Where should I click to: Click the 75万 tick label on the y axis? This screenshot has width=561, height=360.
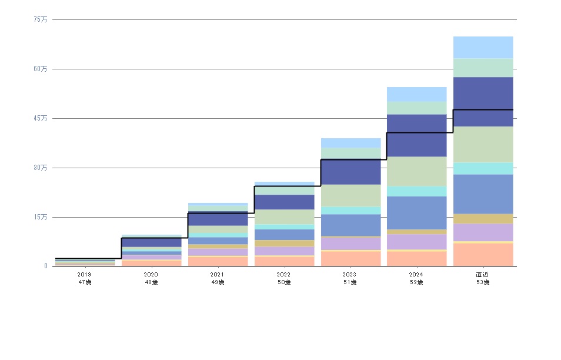[41, 19]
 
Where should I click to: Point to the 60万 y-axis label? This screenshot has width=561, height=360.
[41, 69]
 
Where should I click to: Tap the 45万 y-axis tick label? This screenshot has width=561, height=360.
[41, 118]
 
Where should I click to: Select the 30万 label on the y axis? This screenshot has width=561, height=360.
[41, 168]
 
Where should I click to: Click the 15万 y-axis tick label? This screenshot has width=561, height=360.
[41, 217]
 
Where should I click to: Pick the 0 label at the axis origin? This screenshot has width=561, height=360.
[45, 266]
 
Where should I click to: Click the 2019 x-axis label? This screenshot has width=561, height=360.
[84, 275]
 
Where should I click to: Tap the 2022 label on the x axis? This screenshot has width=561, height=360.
[283, 275]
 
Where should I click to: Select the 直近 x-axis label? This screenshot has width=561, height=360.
[483, 275]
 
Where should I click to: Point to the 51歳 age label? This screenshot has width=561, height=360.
[350, 282]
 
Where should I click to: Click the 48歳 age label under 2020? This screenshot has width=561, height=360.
[151, 282]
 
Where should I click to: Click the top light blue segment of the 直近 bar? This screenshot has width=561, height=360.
[483, 47]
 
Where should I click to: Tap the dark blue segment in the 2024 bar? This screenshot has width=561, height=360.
[417, 135]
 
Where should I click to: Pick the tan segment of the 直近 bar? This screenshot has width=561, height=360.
[483, 218]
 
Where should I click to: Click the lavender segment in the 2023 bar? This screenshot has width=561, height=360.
[350, 244]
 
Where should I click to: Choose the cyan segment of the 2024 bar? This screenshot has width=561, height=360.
[417, 191]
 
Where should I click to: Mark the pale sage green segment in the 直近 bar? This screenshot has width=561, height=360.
[483, 144]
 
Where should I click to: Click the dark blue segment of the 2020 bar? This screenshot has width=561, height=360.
[151, 242]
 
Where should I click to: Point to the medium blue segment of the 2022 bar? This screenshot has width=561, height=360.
[284, 235]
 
